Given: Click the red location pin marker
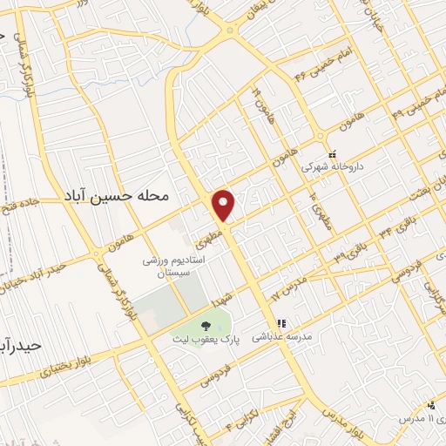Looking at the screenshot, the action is coord(225,205).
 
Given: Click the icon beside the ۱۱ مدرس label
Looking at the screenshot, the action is coord(431,405).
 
